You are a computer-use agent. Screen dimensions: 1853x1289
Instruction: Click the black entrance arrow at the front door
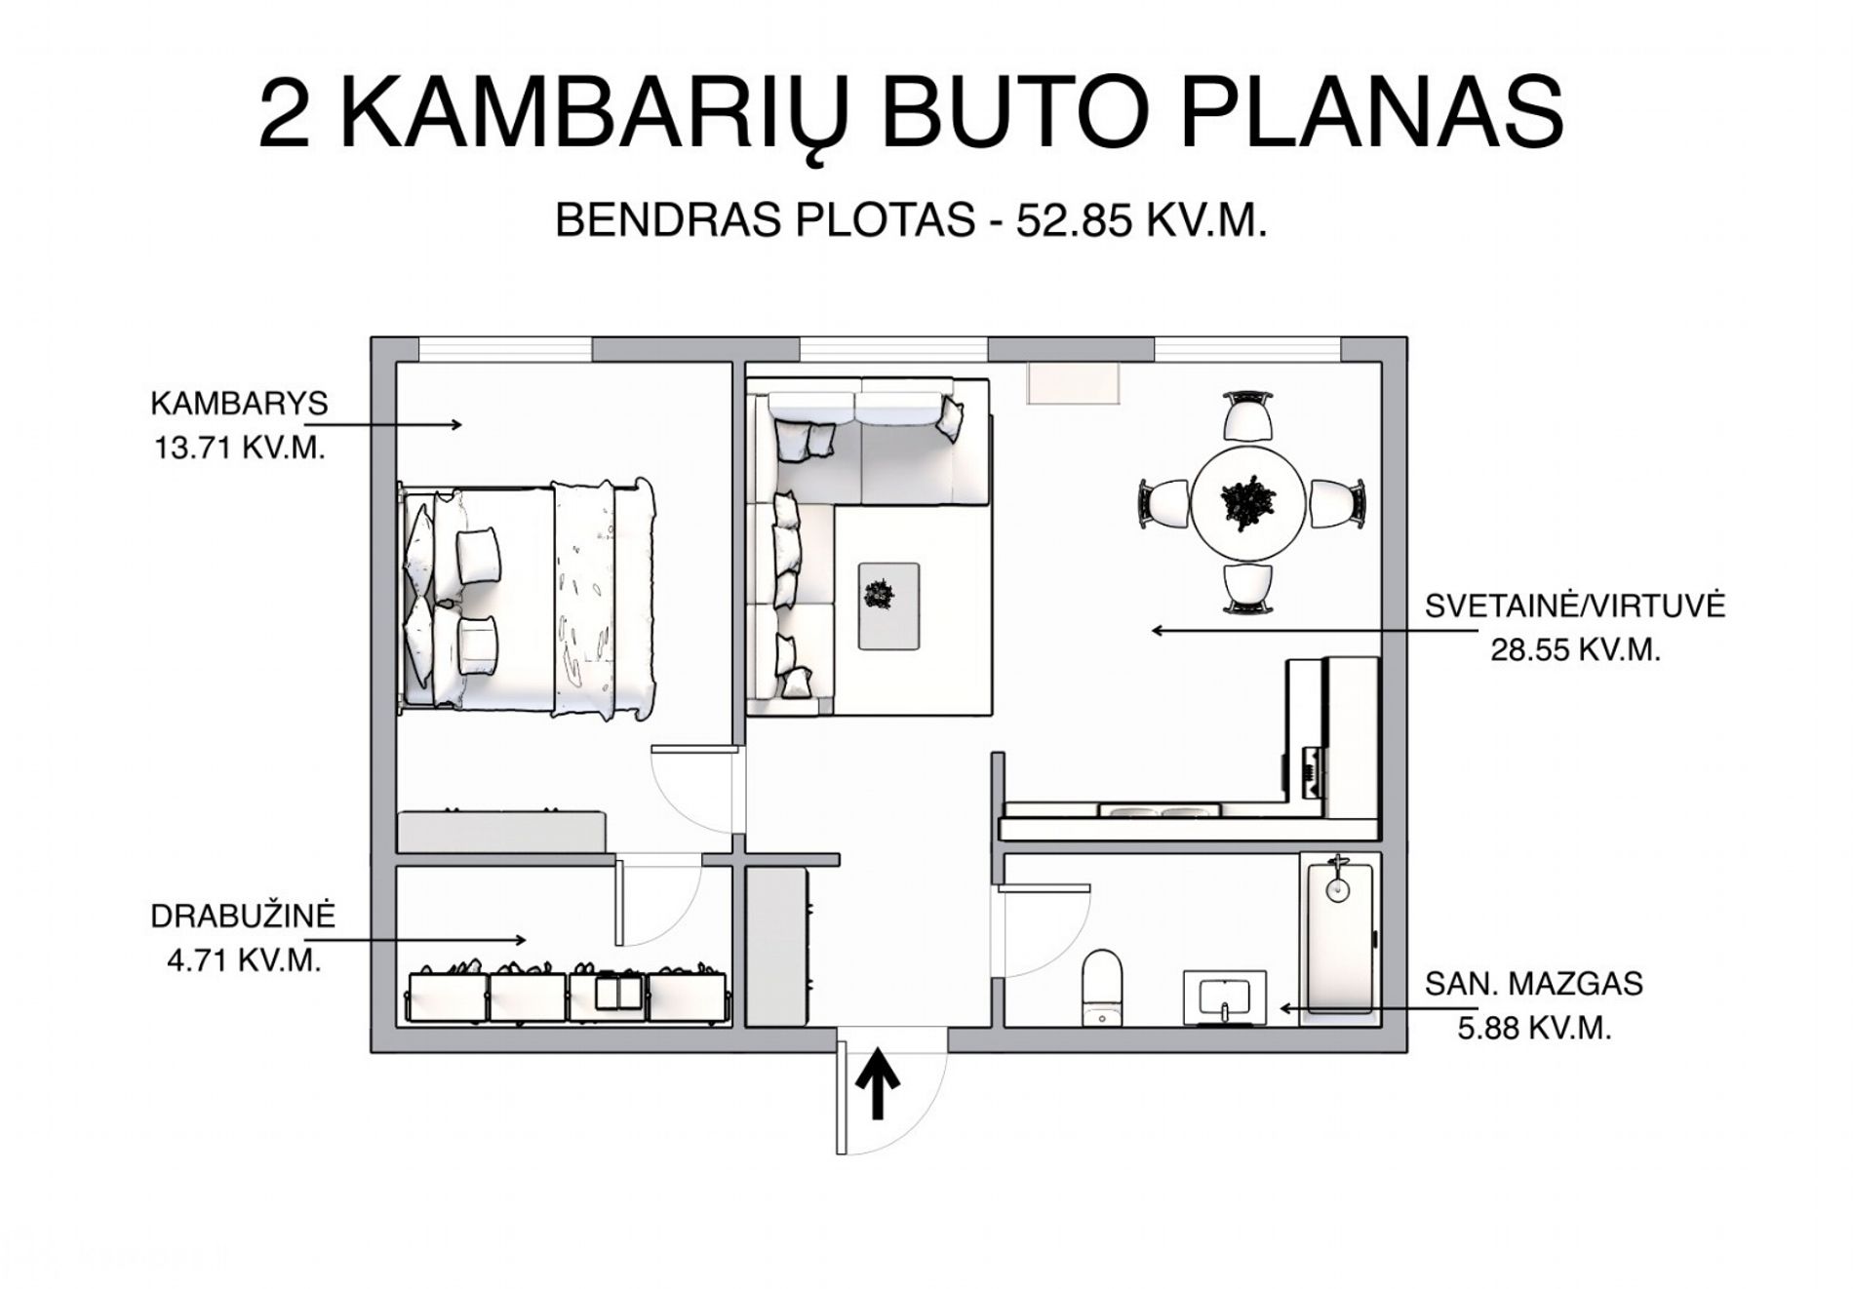coord(879,1083)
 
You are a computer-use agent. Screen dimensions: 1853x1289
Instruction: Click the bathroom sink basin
coord(1225,998)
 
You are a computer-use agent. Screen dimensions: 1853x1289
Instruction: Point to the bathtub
coord(1337,933)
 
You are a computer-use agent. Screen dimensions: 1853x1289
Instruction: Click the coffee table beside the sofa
coord(888,605)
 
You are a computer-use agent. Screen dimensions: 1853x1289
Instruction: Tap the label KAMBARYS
coord(239,403)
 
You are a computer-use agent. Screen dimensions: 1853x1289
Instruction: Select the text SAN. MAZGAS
coord(1534,983)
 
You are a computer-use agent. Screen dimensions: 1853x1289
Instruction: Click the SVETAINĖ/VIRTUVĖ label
coord(1575,605)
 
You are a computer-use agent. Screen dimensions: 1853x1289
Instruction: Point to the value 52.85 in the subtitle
coord(1074,221)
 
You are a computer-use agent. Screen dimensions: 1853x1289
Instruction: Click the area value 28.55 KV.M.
coord(1575,649)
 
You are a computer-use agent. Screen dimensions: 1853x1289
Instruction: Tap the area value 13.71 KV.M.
coord(239,448)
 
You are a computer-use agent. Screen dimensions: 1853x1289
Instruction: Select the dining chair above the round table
coord(1248,416)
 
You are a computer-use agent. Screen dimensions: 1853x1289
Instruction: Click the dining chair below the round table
coord(1248,590)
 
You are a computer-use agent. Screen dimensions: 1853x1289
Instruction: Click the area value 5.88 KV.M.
coord(1534,1028)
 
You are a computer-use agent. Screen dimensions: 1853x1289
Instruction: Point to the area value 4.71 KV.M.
coord(244,960)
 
